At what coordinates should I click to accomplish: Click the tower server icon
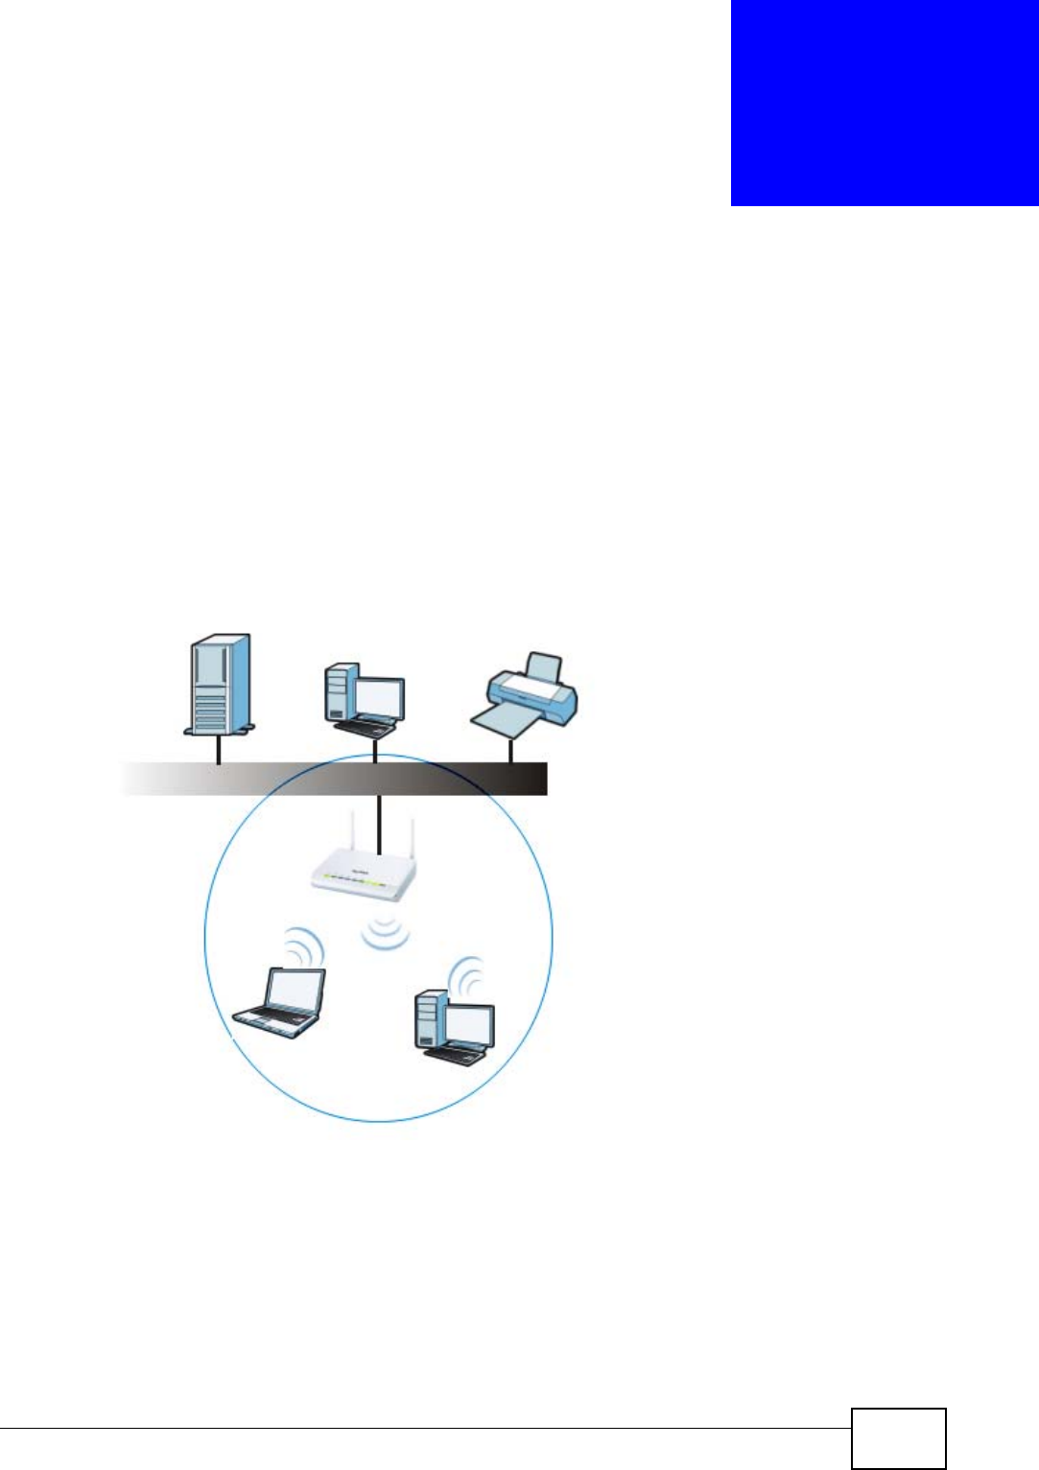pos(219,684)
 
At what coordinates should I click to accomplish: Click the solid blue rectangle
pos(885,103)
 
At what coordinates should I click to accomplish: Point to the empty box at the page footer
pos(898,1438)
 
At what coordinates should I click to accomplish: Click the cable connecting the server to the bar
pos(219,750)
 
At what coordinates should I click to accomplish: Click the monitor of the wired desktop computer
pos(379,697)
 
